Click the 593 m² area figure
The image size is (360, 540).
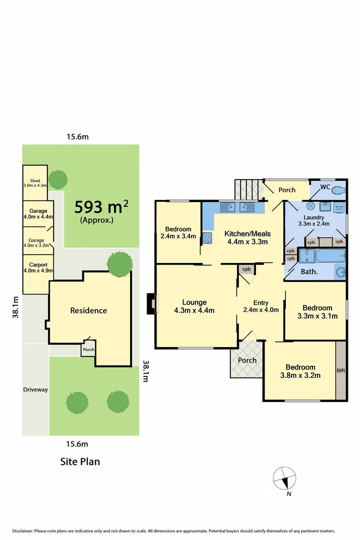101,206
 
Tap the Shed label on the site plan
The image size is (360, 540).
35,181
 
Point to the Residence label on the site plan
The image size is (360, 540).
88,310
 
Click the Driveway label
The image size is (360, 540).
35,389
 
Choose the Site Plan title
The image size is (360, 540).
80,461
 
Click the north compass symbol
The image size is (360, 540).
284,478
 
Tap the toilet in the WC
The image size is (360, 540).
338,190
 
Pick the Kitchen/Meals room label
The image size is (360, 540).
247,233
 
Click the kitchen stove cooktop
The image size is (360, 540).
207,239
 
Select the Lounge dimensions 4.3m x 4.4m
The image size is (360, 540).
194,310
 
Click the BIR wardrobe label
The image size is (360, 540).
341,371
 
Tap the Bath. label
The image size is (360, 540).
310,272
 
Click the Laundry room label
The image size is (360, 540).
314,217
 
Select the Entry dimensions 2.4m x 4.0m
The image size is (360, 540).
260,310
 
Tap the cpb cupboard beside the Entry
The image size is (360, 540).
246,269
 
